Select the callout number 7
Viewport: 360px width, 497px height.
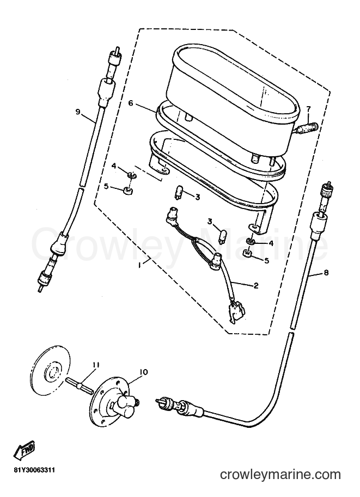click(308, 109)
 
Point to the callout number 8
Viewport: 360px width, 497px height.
click(326, 272)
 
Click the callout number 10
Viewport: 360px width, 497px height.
click(143, 372)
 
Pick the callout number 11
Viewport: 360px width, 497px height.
click(96, 365)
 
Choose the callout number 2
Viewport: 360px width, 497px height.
click(255, 286)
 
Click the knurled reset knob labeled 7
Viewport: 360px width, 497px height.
click(307, 131)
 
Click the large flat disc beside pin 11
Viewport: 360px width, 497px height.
click(51, 371)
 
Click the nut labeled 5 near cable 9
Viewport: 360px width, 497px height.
click(128, 191)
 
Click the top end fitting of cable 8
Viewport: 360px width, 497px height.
click(326, 189)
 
